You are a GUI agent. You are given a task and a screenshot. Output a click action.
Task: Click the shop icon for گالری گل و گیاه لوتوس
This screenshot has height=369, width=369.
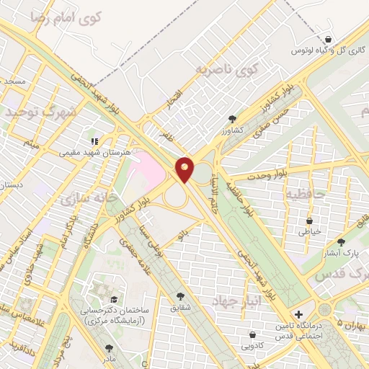click(329, 40)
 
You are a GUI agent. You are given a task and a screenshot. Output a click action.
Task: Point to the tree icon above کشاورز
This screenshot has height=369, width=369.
click(231, 117)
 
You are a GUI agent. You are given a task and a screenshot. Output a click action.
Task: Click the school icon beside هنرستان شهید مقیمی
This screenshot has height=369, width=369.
click(93, 141)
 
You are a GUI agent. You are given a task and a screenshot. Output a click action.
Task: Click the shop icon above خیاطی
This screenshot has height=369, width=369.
click(310, 221)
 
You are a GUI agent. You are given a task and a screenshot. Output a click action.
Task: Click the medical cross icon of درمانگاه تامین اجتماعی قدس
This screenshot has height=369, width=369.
click(299, 314)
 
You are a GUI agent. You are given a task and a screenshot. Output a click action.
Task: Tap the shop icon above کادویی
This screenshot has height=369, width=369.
click(252, 334)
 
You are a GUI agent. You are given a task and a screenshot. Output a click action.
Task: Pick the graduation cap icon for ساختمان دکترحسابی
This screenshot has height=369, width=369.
click(113, 299)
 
